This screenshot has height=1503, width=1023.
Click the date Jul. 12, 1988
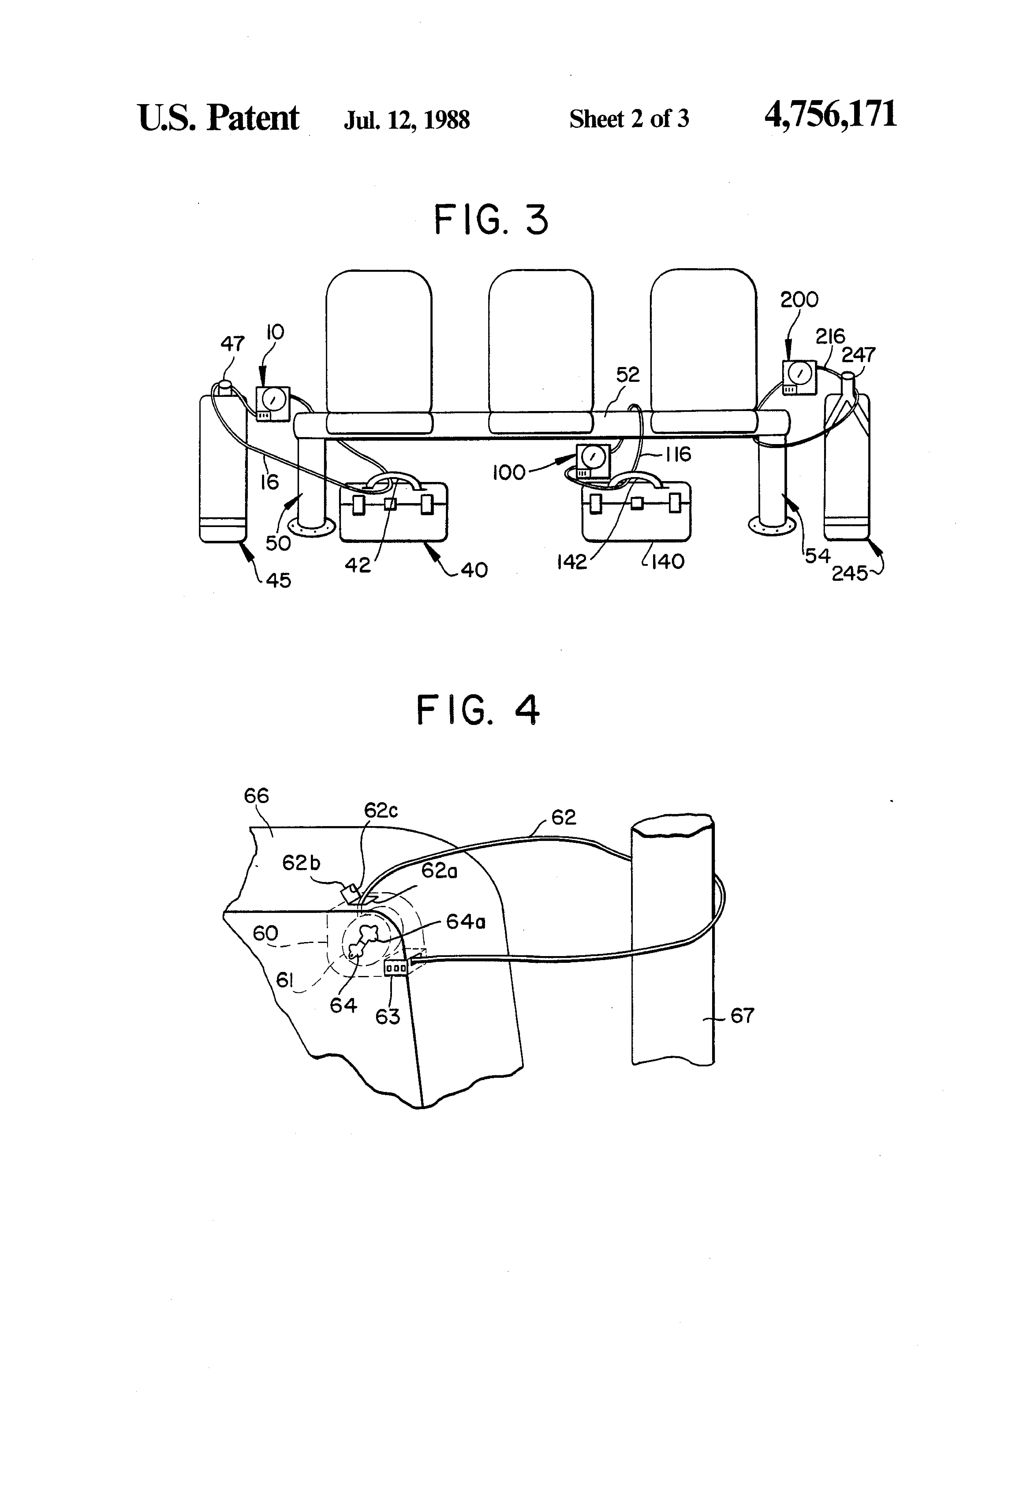tap(407, 120)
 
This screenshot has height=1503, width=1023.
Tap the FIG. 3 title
tap(491, 220)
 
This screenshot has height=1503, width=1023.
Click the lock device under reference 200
tap(799, 377)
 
